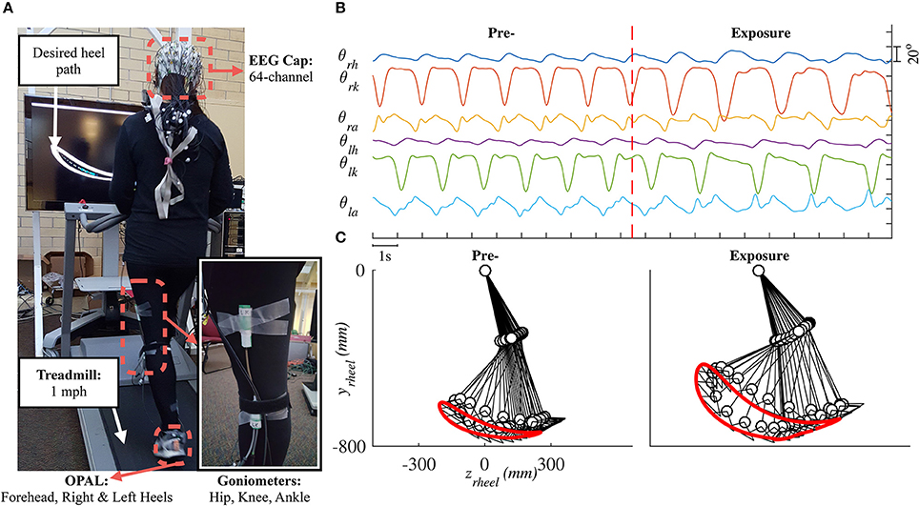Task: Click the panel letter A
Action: point(6,8)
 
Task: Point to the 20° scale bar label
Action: point(909,55)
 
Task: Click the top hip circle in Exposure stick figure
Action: point(759,272)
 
